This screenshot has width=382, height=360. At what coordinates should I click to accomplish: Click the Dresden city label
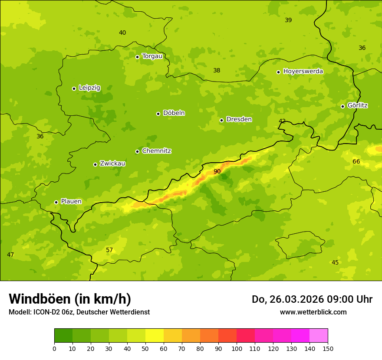(x=239, y=119)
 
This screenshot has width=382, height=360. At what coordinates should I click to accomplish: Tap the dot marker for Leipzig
(x=74, y=88)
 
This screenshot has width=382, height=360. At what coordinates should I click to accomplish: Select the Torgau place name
(x=152, y=56)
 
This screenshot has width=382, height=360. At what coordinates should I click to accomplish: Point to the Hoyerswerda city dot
(x=278, y=72)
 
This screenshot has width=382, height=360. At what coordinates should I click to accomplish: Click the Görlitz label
(x=357, y=105)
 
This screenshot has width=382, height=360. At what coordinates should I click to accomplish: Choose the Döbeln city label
(x=174, y=113)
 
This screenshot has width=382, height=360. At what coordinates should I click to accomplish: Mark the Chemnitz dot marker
(x=137, y=151)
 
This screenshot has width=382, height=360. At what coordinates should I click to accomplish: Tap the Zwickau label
(x=112, y=164)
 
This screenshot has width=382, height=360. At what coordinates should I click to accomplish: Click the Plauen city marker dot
(x=56, y=202)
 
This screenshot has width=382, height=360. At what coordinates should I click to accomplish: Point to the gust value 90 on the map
(x=217, y=172)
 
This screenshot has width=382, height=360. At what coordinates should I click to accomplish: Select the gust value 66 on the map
(x=356, y=162)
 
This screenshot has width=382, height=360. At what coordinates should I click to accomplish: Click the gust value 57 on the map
(x=109, y=250)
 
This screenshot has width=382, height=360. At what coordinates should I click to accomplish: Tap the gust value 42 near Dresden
(x=282, y=121)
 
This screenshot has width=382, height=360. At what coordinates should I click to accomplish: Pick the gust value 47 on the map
(x=10, y=255)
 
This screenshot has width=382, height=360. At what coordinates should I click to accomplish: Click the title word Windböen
(x=39, y=299)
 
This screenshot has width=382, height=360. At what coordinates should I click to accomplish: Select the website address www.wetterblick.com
(x=313, y=312)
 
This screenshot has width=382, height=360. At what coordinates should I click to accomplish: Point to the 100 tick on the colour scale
(x=237, y=348)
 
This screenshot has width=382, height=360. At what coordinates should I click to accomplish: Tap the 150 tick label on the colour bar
(x=328, y=348)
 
